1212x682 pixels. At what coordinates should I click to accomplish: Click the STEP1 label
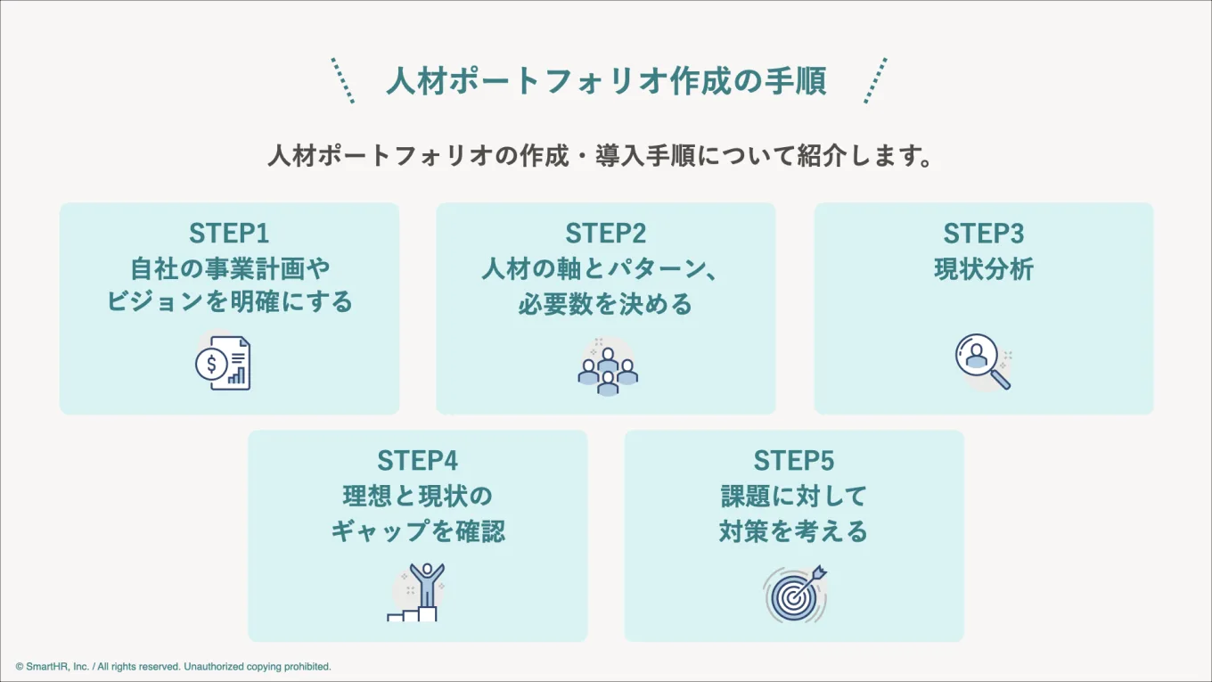coord(229,234)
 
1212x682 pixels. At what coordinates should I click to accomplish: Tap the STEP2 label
coord(605,234)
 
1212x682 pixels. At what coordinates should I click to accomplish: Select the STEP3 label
coord(984,234)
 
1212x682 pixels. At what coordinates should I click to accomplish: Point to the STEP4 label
coord(417,461)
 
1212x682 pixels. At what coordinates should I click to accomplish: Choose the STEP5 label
coord(794,461)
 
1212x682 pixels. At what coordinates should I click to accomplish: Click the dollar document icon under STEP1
coord(224,363)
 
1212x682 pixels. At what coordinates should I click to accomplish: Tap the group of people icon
coord(608,366)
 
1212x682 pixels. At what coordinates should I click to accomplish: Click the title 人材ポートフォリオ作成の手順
coord(606,81)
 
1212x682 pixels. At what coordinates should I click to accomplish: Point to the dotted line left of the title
coord(343,80)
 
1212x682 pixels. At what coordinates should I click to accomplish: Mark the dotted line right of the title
coord(875,80)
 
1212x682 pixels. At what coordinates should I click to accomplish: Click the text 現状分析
coord(984,269)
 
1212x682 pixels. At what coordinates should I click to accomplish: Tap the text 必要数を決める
coord(605,305)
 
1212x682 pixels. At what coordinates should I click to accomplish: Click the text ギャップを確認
coord(418,531)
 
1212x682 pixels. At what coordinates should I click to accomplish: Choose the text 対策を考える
coord(794,531)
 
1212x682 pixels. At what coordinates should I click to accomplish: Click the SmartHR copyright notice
coord(173,667)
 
